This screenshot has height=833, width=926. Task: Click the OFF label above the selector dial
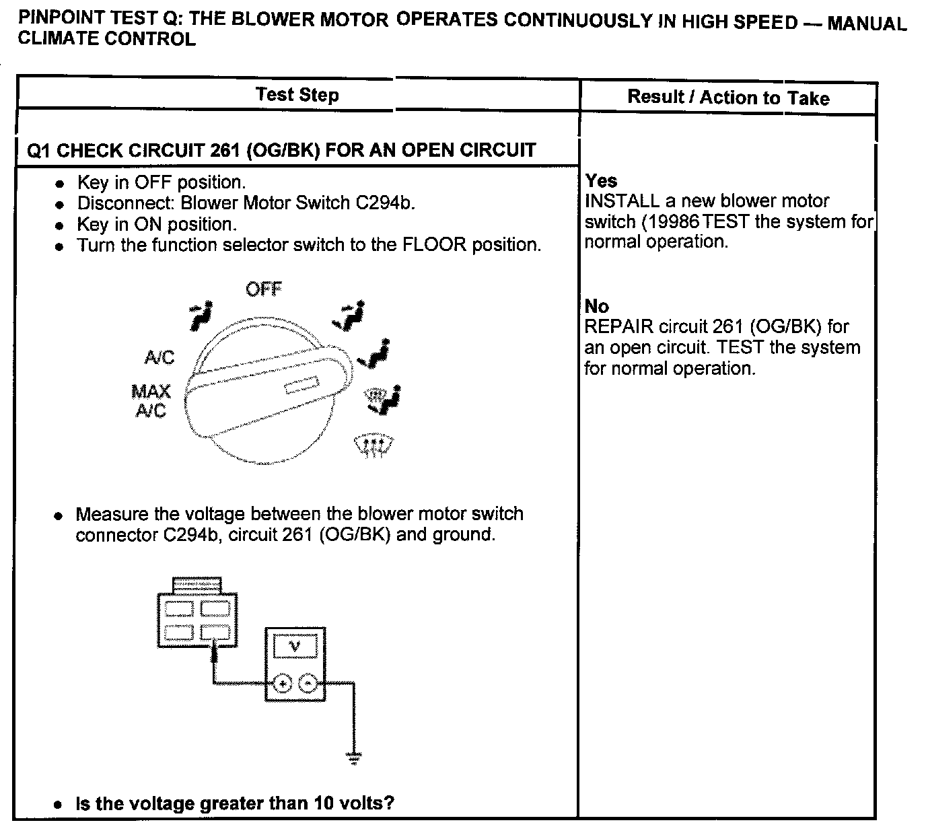263,289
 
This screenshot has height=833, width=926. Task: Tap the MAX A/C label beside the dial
151,400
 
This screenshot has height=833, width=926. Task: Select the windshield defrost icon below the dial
373,445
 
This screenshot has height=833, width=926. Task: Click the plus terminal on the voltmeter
283,684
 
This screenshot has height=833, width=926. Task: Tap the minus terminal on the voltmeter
308,684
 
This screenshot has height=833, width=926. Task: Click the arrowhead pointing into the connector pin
215,647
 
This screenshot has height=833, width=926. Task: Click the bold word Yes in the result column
601,180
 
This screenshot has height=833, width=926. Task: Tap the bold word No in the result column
596,306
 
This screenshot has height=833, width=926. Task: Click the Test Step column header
297,94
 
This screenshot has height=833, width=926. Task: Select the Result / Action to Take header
728,98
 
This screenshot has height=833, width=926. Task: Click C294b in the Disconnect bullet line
386,203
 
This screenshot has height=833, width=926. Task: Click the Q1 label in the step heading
38,150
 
